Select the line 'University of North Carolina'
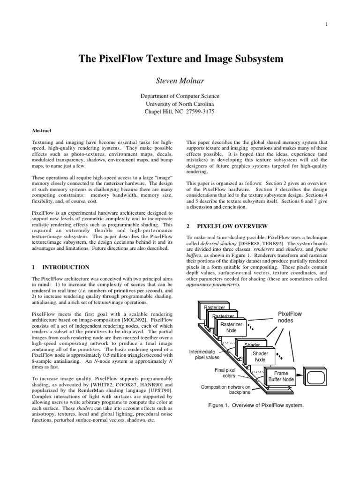(x=180, y=104)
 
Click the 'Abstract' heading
(x=42, y=131)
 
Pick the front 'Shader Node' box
(x=260, y=356)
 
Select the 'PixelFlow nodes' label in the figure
(x=290, y=317)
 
